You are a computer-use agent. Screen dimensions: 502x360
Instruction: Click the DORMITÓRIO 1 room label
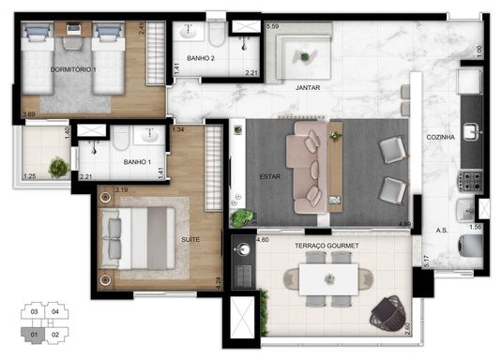(x=73, y=69)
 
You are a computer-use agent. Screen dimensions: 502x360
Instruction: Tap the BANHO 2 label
(x=201, y=58)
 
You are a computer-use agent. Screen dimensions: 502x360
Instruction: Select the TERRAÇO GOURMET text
(x=327, y=246)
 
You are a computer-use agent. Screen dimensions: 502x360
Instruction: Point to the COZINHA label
(x=440, y=137)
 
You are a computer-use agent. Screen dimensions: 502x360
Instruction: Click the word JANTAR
(x=308, y=87)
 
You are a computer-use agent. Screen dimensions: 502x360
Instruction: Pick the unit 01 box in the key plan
(x=34, y=335)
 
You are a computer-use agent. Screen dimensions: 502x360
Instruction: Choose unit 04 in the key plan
(x=55, y=311)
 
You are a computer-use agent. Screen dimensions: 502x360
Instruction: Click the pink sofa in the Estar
(x=307, y=167)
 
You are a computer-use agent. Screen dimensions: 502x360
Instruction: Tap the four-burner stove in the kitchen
(x=470, y=182)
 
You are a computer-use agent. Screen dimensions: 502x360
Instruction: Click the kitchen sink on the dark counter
(x=472, y=132)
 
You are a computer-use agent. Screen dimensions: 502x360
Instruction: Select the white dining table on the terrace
(x=328, y=279)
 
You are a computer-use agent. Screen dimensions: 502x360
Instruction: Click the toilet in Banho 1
(x=121, y=138)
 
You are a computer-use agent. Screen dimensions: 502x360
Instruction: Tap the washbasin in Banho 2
(x=189, y=31)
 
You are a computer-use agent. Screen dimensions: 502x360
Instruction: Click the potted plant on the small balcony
(x=59, y=167)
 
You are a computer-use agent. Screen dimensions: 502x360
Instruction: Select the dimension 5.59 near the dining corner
(x=272, y=26)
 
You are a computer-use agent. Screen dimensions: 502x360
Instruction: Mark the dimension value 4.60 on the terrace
(x=263, y=239)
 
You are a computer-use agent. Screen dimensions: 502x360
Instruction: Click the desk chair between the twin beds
(x=73, y=43)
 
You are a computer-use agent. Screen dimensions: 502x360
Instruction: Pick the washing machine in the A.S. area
(x=471, y=246)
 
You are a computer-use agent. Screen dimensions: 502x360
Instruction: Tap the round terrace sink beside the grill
(x=243, y=249)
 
